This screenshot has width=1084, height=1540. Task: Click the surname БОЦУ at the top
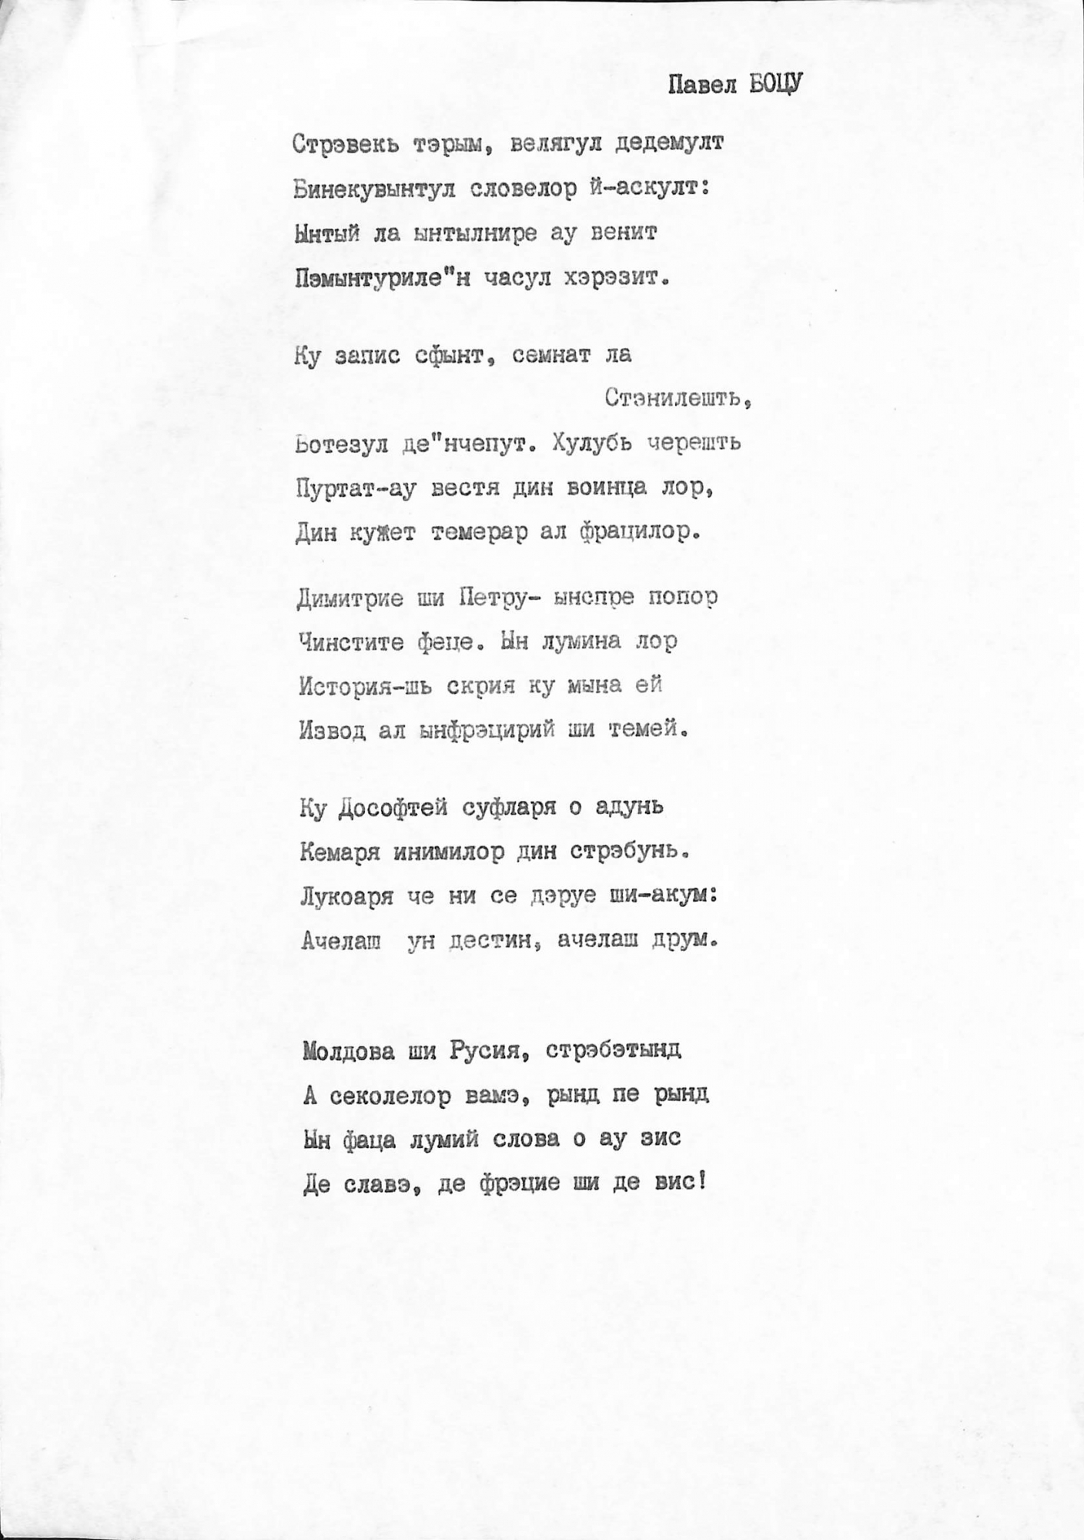coord(775,84)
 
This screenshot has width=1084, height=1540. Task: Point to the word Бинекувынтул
coord(374,189)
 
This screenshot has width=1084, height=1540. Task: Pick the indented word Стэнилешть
coord(676,398)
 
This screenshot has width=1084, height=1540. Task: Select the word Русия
coord(487,1051)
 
